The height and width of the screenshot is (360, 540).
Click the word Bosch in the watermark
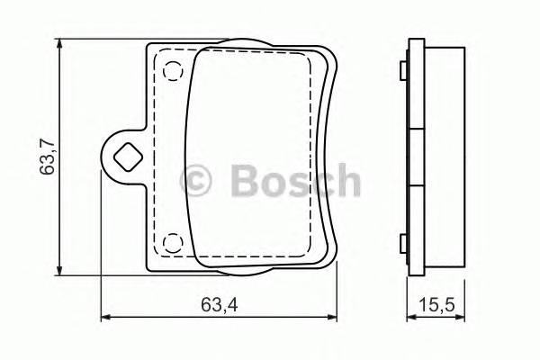coord(294,181)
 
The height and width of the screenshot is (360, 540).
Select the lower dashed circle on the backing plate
coord(171,242)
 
